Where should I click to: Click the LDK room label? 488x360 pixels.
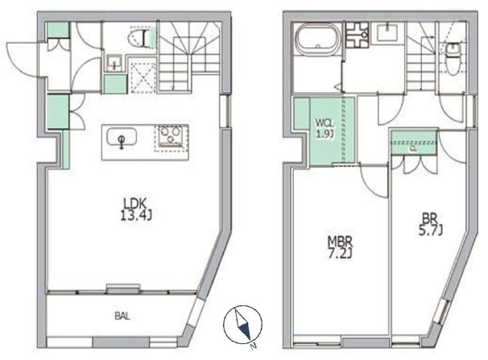pyautogui.click(x=134, y=204)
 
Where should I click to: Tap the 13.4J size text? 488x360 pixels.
pyautogui.click(x=136, y=215)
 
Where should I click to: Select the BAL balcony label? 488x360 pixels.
pyautogui.click(x=122, y=317)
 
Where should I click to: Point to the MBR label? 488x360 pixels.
pyautogui.click(x=340, y=242)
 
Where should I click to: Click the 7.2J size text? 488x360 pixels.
pyautogui.click(x=340, y=254)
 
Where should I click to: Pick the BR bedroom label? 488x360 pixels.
pyautogui.click(x=429, y=217)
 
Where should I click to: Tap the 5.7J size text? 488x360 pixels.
pyautogui.click(x=431, y=230)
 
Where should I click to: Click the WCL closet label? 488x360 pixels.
pyautogui.click(x=325, y=122)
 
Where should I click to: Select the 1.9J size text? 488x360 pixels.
pyautogui.click(x=325, y=134)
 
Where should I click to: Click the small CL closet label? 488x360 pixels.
pyautogui.click(x=413, y=149)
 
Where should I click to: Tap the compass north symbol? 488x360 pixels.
pyautogui.click(x=242, y=325)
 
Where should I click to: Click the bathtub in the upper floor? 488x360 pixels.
pyautogui.click(x=317, y=39)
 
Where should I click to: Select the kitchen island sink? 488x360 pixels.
pyautogui.click(x=122, y=138)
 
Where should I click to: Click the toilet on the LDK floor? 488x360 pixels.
pyautogui.click(x=140, y=37)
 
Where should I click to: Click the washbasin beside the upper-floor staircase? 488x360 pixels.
pyautogui.click(x=387, y=32)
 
